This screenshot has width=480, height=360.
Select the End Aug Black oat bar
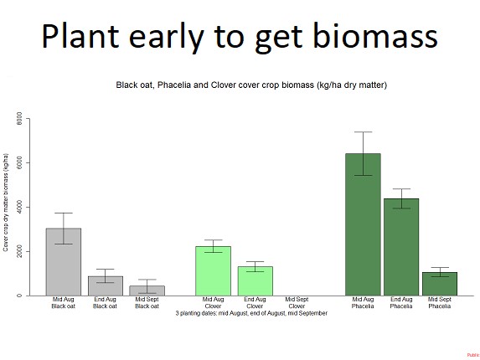(106, 285)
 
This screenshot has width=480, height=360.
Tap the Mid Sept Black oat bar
(147, 291)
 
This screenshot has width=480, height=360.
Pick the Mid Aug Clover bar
(214, 270)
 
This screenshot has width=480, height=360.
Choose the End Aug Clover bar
(255, 280)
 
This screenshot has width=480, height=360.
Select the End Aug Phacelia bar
(401, 247)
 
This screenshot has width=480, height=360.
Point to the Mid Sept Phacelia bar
(440, 284)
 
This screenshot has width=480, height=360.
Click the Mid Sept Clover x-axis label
(292, 303)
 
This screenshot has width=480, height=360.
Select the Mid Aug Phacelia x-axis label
(364, 303)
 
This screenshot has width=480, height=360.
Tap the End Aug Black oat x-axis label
(106, 303)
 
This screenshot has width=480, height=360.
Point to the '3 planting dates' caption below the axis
(251, 313)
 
